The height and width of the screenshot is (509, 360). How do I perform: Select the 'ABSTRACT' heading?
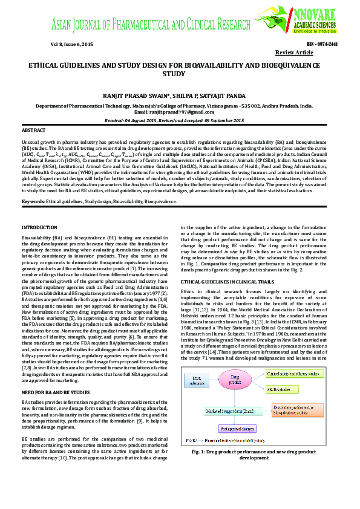[33, 130]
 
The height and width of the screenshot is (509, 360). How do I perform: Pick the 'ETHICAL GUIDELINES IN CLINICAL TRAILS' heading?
[224, 282]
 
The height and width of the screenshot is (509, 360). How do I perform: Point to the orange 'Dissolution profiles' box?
[293, 412]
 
